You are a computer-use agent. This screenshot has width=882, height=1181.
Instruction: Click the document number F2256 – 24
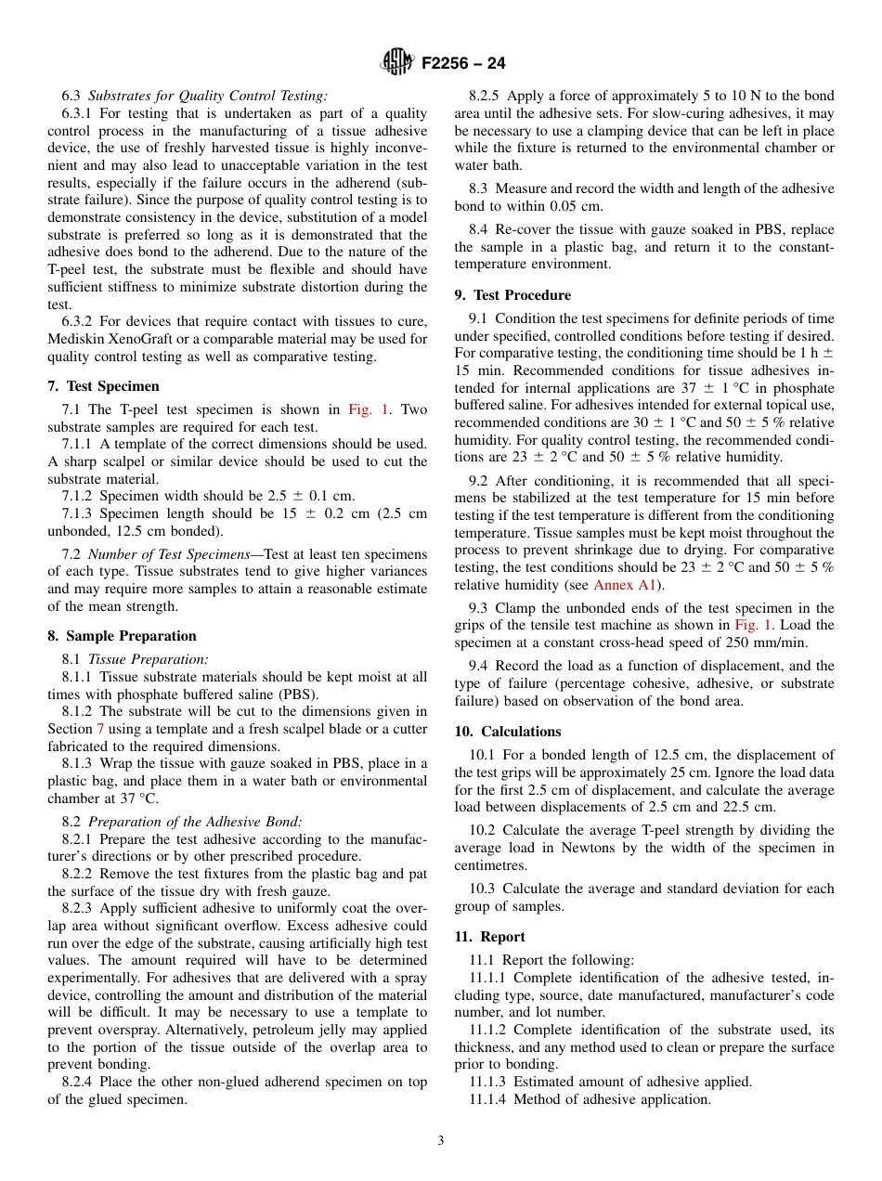coord(463,64)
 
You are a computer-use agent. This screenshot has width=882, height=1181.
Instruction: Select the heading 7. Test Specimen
coord(103,386)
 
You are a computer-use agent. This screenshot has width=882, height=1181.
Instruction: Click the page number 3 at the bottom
coord(441,1141)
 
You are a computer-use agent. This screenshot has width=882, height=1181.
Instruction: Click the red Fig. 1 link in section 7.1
coord(369,409)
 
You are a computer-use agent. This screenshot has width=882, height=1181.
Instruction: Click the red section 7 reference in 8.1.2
coord(100,729)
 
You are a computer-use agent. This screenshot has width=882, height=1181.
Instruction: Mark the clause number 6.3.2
coord(81,322)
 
